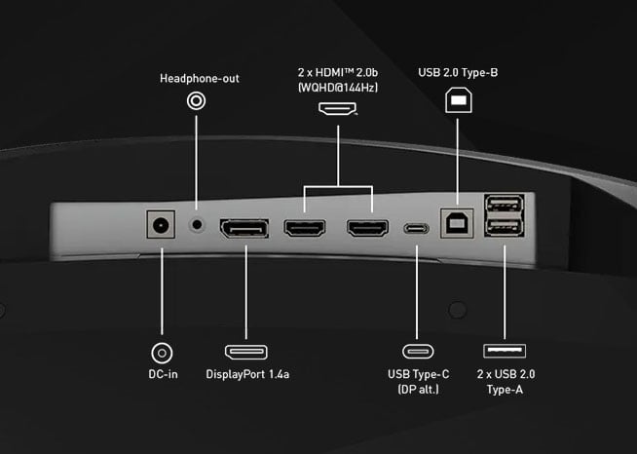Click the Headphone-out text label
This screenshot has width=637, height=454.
(199, 78)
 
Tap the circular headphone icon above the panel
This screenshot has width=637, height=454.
(199, 100)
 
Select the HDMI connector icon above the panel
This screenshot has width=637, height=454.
(338, 108)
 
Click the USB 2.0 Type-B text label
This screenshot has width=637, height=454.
(458, 72)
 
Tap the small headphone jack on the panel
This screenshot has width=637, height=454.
(199, 224)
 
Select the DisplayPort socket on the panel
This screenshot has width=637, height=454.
(245, 230)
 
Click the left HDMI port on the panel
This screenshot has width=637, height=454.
(303, 230)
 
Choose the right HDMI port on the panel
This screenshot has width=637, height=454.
(367, 230)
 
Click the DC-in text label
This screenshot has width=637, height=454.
(157, 374)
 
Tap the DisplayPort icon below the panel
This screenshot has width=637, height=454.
(245, 352)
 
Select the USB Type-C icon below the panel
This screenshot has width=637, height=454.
(419, 352)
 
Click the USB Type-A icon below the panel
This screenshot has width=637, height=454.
(506, 352)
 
